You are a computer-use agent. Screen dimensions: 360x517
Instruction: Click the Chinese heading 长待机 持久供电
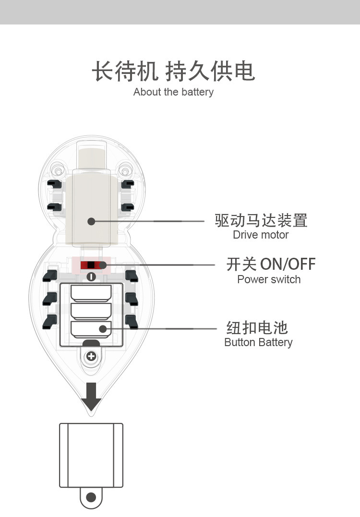click(x=173, y=71)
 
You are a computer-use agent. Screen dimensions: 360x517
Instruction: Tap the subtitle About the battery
click(x=173, y=92)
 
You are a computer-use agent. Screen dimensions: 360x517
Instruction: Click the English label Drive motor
click(x=261, y=235)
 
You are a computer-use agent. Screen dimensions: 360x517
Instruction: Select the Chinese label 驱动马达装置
click(x=261, y=220)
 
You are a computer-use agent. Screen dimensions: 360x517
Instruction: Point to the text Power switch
click(x=269, y=279)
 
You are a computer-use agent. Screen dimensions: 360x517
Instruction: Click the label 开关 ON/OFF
click(x=271, y=264)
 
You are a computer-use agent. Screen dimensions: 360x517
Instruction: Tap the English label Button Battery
click(x=258, y=342)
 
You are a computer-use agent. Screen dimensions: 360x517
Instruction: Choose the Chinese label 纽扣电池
click(x=257, y=327)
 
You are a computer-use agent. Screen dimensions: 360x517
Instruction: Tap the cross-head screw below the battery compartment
click(x=91, y=356)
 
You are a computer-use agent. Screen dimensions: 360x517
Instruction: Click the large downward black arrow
click(x=91, y=397)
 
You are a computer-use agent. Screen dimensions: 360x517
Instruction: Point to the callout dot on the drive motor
click(x=91, y=221)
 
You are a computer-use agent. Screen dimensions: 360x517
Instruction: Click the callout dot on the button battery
click(x=103, y=329)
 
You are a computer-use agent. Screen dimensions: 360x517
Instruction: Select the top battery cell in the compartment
click(x=91, y=293)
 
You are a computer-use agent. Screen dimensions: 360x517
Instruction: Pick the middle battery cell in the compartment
click(x=91, y=311)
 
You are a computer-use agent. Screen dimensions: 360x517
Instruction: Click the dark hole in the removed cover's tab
click(x=91, y=497)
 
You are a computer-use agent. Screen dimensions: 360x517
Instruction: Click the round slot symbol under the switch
click(x=91, y=277)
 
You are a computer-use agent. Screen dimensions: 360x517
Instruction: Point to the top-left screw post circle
click(x=59, y=171)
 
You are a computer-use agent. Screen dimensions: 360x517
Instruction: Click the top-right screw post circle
click(x=125, y=171)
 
